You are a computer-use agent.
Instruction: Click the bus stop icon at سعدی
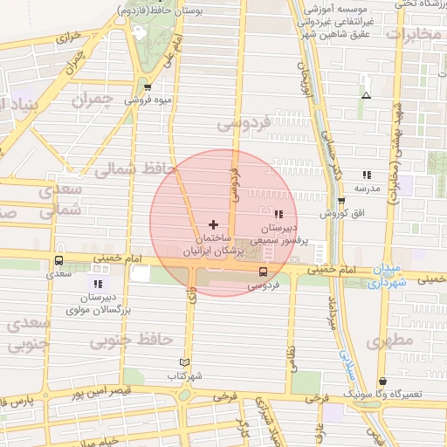coord(58,260)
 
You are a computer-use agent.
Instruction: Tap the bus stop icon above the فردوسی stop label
coord(263,272)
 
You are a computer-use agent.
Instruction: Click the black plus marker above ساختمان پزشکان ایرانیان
coord(214,224)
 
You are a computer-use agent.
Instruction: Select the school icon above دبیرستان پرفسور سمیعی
coord(278,214)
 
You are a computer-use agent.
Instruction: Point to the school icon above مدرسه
coord(367,175)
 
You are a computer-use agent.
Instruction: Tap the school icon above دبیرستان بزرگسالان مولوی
coord(98,284)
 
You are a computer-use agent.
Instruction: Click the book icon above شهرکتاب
coord(183,362)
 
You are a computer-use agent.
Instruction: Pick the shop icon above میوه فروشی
coord(148,87)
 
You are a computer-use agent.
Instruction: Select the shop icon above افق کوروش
coord(342,200)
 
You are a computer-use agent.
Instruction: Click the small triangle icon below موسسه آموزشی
coord(366,95)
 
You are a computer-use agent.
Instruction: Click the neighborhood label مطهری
coord(388,342)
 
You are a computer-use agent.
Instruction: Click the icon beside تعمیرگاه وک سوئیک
coord(385,381)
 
